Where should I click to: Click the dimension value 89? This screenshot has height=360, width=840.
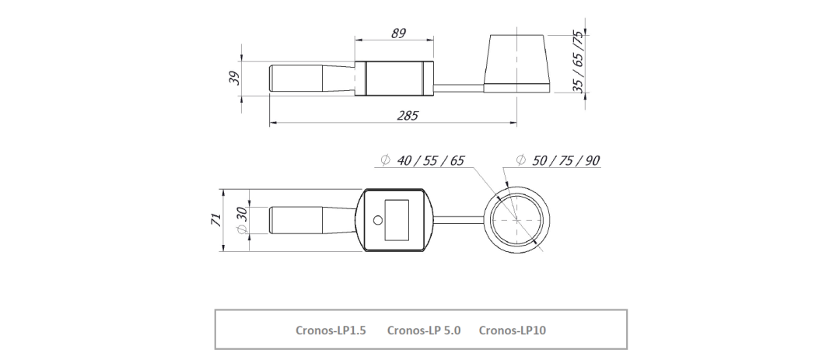tap(397, 35)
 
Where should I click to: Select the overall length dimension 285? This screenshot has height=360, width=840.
tap(407, 115)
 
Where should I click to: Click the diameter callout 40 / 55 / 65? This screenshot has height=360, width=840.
tap(429, 161)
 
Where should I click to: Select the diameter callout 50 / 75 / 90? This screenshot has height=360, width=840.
tap(565, 161)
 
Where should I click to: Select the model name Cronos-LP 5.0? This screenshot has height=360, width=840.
tap(423, 330)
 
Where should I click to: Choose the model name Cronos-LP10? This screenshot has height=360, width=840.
tap(513, 330)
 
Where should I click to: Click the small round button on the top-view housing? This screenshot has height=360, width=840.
tap(378, 221)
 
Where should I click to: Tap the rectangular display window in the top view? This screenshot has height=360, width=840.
tap(397, 220)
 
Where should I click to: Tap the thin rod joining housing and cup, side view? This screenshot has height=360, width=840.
tap(459, 86)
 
